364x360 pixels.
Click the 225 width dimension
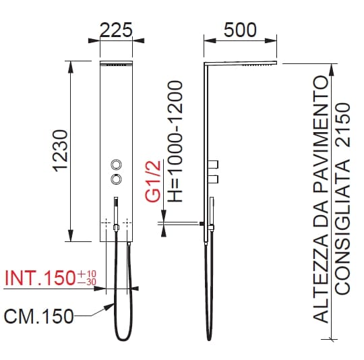pos(116,30)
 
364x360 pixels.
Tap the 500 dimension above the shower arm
pos(240,30)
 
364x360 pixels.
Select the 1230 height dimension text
pos(61,151)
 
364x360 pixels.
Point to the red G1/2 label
pos(153,181)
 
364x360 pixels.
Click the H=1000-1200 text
pos(175,141)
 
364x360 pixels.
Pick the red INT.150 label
pos(40,278)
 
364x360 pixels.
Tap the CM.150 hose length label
pos(39,316)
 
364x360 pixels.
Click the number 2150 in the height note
pos(342,125)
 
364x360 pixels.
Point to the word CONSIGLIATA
pos(342,227)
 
